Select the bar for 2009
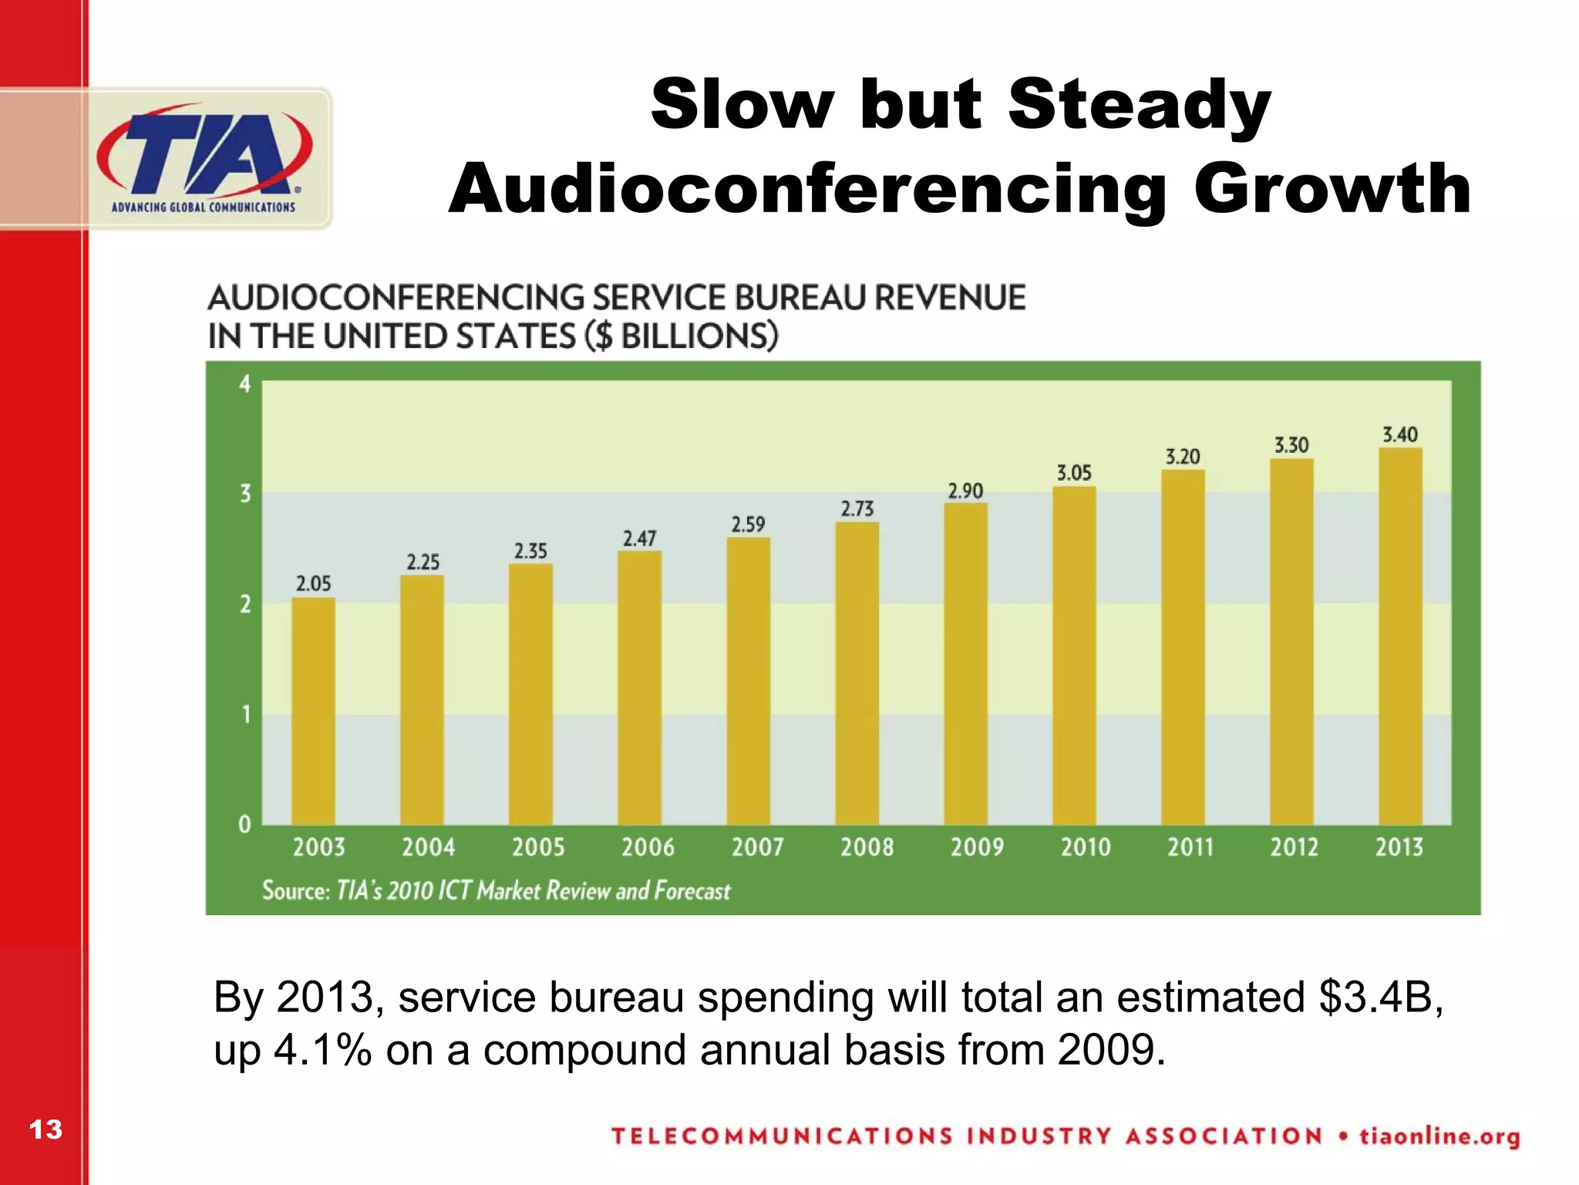coord(965,663)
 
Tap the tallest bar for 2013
coord(1400,636)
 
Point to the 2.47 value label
coord(639,538)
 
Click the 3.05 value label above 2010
coord(1074,473)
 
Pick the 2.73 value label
coord(857,509)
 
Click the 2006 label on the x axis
coord(648,847)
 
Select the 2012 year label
coord(1294,847)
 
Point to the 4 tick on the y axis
coord(245,383)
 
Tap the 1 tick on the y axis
coord(246,714)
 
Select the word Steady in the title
coord(1139,105)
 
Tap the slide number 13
coord(45,1129)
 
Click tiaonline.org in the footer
coord(1439,1136)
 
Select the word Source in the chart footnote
coord(295,891)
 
